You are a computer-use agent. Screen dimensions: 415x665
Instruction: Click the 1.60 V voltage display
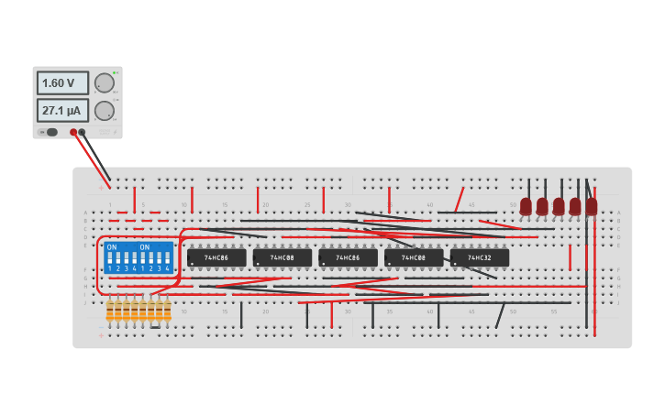(x=62, y=82)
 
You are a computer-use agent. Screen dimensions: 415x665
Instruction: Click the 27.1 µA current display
(x=62, y=111)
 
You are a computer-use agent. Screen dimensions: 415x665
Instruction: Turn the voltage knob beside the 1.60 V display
(x=105, y=83)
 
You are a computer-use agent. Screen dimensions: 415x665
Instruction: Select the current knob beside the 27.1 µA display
(x=105, y=111)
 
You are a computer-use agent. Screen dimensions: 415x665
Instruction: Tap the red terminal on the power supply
(x=73, y=132)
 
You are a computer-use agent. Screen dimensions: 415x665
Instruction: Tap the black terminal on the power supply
(x=82, y=132)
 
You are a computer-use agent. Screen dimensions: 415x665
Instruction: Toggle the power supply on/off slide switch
(x=51, y=132)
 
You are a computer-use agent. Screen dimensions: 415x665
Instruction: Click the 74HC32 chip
(x=479, y=258)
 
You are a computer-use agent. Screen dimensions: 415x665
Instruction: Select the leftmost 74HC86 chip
(x=216, y=258)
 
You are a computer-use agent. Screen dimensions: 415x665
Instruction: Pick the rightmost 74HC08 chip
(x=413, y=258)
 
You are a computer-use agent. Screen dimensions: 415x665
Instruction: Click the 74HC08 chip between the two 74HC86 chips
(x=282, y=258)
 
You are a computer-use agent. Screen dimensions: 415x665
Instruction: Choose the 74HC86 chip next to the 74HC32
(x=348, y=258)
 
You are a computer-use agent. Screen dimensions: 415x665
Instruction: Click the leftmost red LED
(x=526, y=206)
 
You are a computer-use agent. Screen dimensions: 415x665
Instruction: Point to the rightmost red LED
(x=592, y=206)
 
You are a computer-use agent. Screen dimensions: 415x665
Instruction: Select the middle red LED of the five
(x=559, y=206)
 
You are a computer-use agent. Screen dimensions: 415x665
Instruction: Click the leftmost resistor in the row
(x=109, y=311)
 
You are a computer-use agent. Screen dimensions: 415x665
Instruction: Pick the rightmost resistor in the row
(x=167, y=311)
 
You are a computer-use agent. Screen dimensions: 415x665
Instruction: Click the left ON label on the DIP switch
(x=112, y=247)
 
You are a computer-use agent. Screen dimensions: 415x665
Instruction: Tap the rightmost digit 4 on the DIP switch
(x=167, y=268)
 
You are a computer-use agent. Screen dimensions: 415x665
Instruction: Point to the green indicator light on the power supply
(x=114, y=72)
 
